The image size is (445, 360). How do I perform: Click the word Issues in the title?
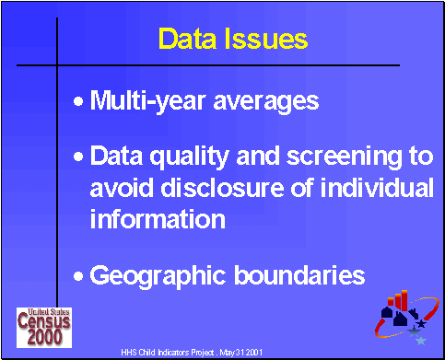(x=266, y=40)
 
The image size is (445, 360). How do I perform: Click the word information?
(x=158, y=219)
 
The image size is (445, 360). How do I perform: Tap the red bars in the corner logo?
(x=401, y=300)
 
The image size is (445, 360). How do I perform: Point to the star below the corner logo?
(x=421, y=341)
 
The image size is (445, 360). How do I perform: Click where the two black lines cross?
(x=58, y=65)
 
